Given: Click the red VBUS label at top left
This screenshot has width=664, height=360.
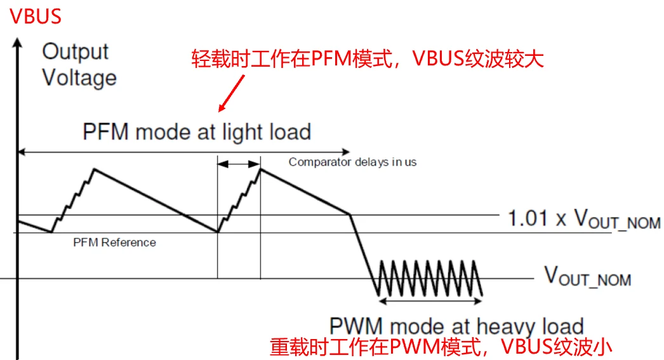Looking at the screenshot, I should (36, 17).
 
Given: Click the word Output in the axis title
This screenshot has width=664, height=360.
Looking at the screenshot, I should (75, 51).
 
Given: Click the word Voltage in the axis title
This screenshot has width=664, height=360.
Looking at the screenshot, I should (79, 78).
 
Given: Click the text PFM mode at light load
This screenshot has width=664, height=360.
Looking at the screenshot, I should (197, 132).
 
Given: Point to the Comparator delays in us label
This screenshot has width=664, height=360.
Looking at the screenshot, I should (352, 162).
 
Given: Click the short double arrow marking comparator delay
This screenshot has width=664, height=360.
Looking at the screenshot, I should (239, 164).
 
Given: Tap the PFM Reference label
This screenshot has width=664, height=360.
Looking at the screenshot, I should (114, 242).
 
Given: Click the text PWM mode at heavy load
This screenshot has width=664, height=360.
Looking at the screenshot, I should (456, 326).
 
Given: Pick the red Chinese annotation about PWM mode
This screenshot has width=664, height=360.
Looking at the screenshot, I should (442, 347).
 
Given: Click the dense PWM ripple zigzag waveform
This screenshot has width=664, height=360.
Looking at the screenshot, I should (430, 277).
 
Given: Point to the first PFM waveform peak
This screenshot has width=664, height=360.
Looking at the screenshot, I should (94, 169).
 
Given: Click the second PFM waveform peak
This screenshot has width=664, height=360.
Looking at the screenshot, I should (260, 169).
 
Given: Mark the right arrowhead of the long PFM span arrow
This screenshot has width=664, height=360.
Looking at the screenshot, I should (346, 152).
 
